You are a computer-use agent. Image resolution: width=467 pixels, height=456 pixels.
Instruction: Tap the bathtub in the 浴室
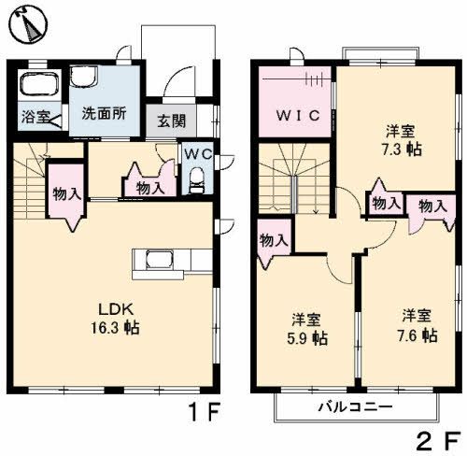tap(37, 89)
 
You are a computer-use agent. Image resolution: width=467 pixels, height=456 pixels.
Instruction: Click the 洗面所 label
tap(104, 115)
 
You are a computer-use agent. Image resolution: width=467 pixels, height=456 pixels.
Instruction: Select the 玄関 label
tap(171, 120)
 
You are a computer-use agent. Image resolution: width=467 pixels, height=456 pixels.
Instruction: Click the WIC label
tap(296, 116)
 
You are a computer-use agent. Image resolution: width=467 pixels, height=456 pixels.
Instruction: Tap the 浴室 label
tap(35, 119)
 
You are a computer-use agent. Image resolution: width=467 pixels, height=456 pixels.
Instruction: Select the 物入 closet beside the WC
tap(150, 185)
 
